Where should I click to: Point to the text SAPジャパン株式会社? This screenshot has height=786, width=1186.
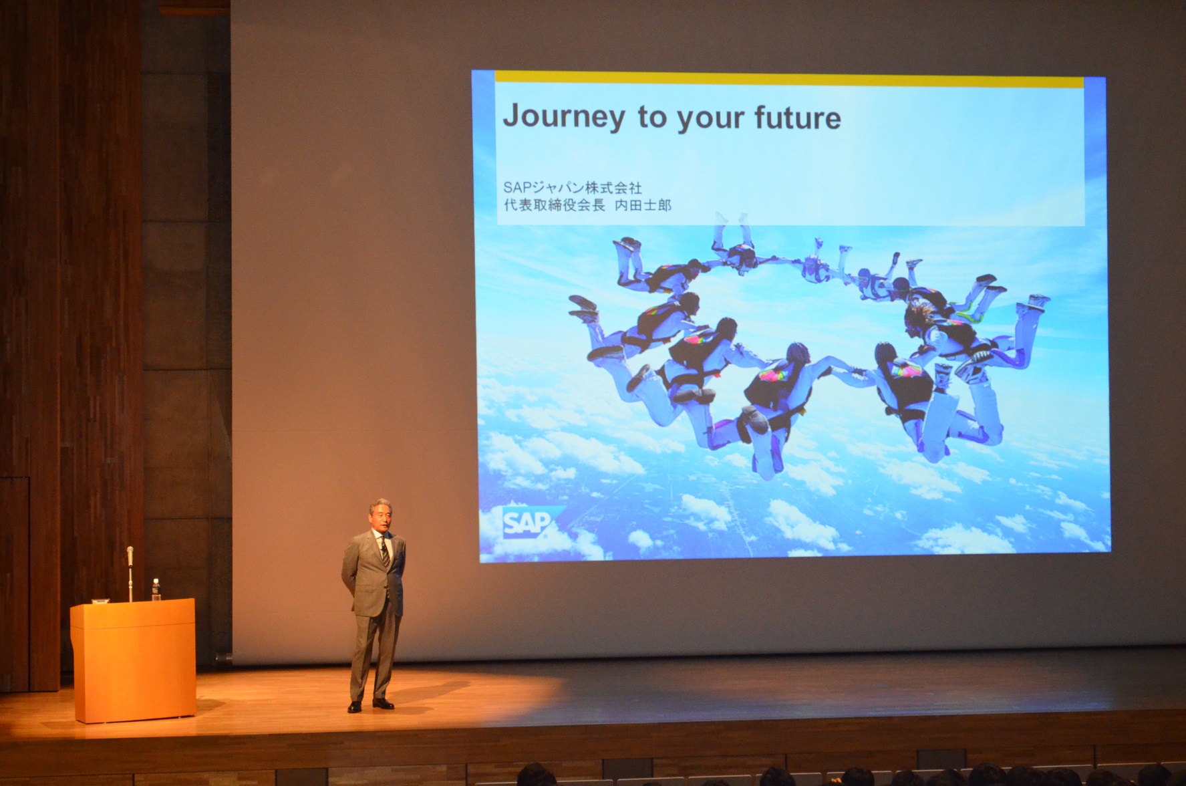573,188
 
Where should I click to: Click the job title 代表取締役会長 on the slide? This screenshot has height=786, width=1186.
554,205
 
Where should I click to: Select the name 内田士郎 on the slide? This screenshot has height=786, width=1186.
643,205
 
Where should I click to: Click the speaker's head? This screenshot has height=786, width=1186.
381,515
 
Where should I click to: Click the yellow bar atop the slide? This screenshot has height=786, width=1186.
789,82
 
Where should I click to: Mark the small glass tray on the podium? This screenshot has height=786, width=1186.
101,601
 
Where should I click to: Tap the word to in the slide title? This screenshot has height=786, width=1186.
652,118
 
